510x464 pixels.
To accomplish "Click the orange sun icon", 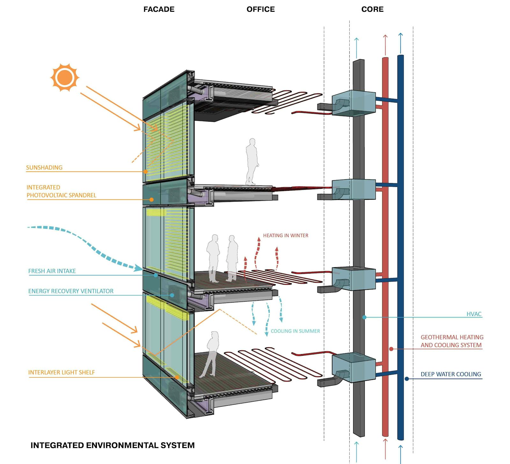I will click(x=65, y=77).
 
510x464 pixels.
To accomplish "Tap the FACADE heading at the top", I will click(x=159, y=9).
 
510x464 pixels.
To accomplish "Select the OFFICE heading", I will click(x=260, y=9).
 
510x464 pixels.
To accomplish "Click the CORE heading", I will click(x=372, y=9).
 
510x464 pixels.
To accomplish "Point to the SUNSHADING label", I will click(x=44, y=168).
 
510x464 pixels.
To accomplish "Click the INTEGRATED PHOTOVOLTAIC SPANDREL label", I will click(x=61, y=191).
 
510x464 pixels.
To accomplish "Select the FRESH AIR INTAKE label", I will click(x=52, y=271).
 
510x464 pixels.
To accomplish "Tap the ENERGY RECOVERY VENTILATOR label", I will click(x=71, y=291).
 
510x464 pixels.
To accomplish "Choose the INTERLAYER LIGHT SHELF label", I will click(x=62, y=372).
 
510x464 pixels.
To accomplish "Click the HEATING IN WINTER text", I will click(x=286, y=236).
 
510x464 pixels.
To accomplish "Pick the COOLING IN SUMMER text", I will click(x=295, y=331).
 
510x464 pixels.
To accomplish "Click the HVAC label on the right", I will click(x=474, y=314).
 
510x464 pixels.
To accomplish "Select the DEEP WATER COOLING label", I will click(x=451, y=374).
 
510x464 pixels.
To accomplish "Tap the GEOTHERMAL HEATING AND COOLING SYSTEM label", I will click(x=452, y=341).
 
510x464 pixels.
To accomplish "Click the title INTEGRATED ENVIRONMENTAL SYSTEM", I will click(x=113, y=445).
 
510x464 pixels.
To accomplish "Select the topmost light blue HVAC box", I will click(x=354, y=103).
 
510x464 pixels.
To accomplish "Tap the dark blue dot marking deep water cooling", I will click(x=407, y=379).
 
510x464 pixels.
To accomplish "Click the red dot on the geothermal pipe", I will click(x=391, y=349).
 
